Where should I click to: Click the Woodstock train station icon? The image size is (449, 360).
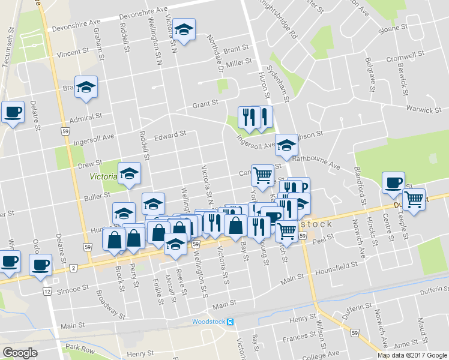pos(231,321)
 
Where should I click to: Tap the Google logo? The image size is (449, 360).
pos(20,353)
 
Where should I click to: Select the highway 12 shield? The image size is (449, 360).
pos(46,291)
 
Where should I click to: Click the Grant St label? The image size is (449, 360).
pos(205,104)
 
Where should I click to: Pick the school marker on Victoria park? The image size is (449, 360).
pos(129,173)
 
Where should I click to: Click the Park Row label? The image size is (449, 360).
pos(80,347)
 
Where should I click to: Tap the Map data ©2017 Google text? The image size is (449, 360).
pos(412,355)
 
